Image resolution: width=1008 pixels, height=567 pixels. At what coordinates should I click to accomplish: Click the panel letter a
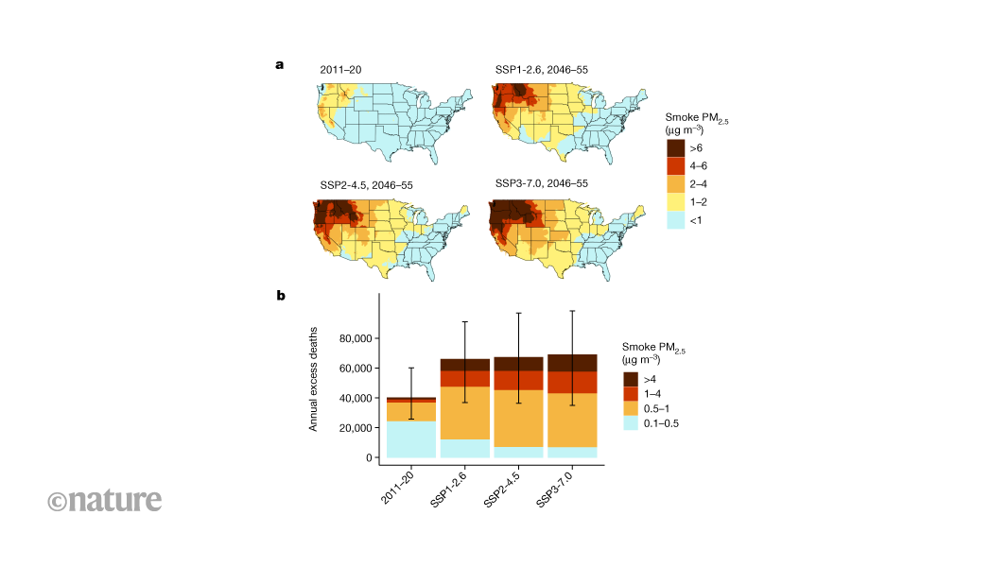tap(280, 65)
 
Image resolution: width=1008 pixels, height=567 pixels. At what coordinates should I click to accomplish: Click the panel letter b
tap(281, 296)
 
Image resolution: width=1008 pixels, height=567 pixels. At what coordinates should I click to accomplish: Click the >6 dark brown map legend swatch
tap(676, 148)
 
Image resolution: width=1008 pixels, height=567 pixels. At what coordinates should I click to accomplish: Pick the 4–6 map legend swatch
tap(676, 166)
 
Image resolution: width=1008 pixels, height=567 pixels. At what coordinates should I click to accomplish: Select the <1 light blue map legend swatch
tap(676, 220)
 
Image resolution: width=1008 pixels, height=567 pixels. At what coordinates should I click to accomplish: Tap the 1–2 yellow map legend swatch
tap(676, 202)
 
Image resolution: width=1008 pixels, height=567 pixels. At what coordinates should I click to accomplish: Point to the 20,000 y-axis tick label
tap(352, 428)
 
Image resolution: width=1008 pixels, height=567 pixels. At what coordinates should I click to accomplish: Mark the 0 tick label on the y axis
tap(368, 458)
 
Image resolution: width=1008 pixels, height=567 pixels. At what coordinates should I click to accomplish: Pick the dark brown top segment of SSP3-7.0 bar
tap(571, 363)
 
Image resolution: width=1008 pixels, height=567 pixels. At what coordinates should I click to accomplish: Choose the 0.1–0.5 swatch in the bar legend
tap(632, 423)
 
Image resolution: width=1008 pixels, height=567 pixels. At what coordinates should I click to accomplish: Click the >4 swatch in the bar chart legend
tap(632, 379)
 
